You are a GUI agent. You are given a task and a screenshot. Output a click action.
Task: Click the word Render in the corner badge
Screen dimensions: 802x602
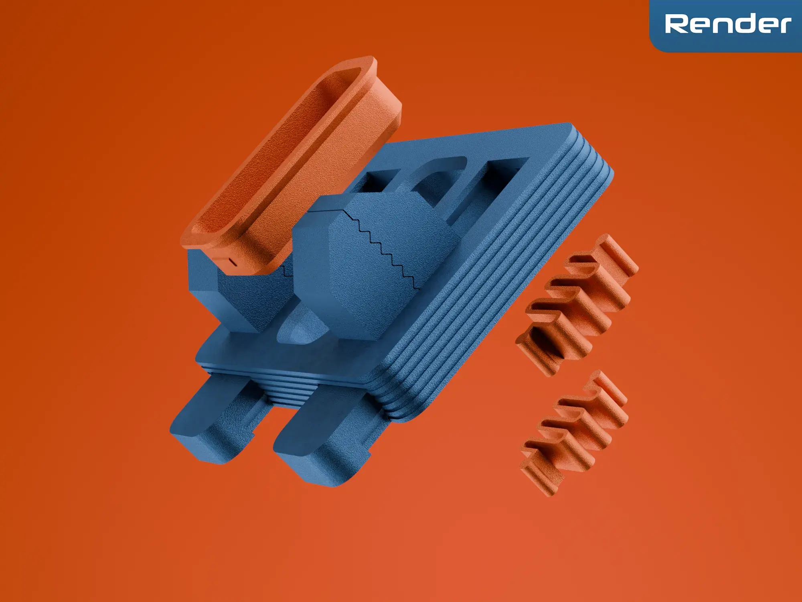pyautogui.click(x=728, y=24)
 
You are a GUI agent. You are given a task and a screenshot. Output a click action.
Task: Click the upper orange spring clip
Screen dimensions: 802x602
pyautogui.click(x=577, y=305)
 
